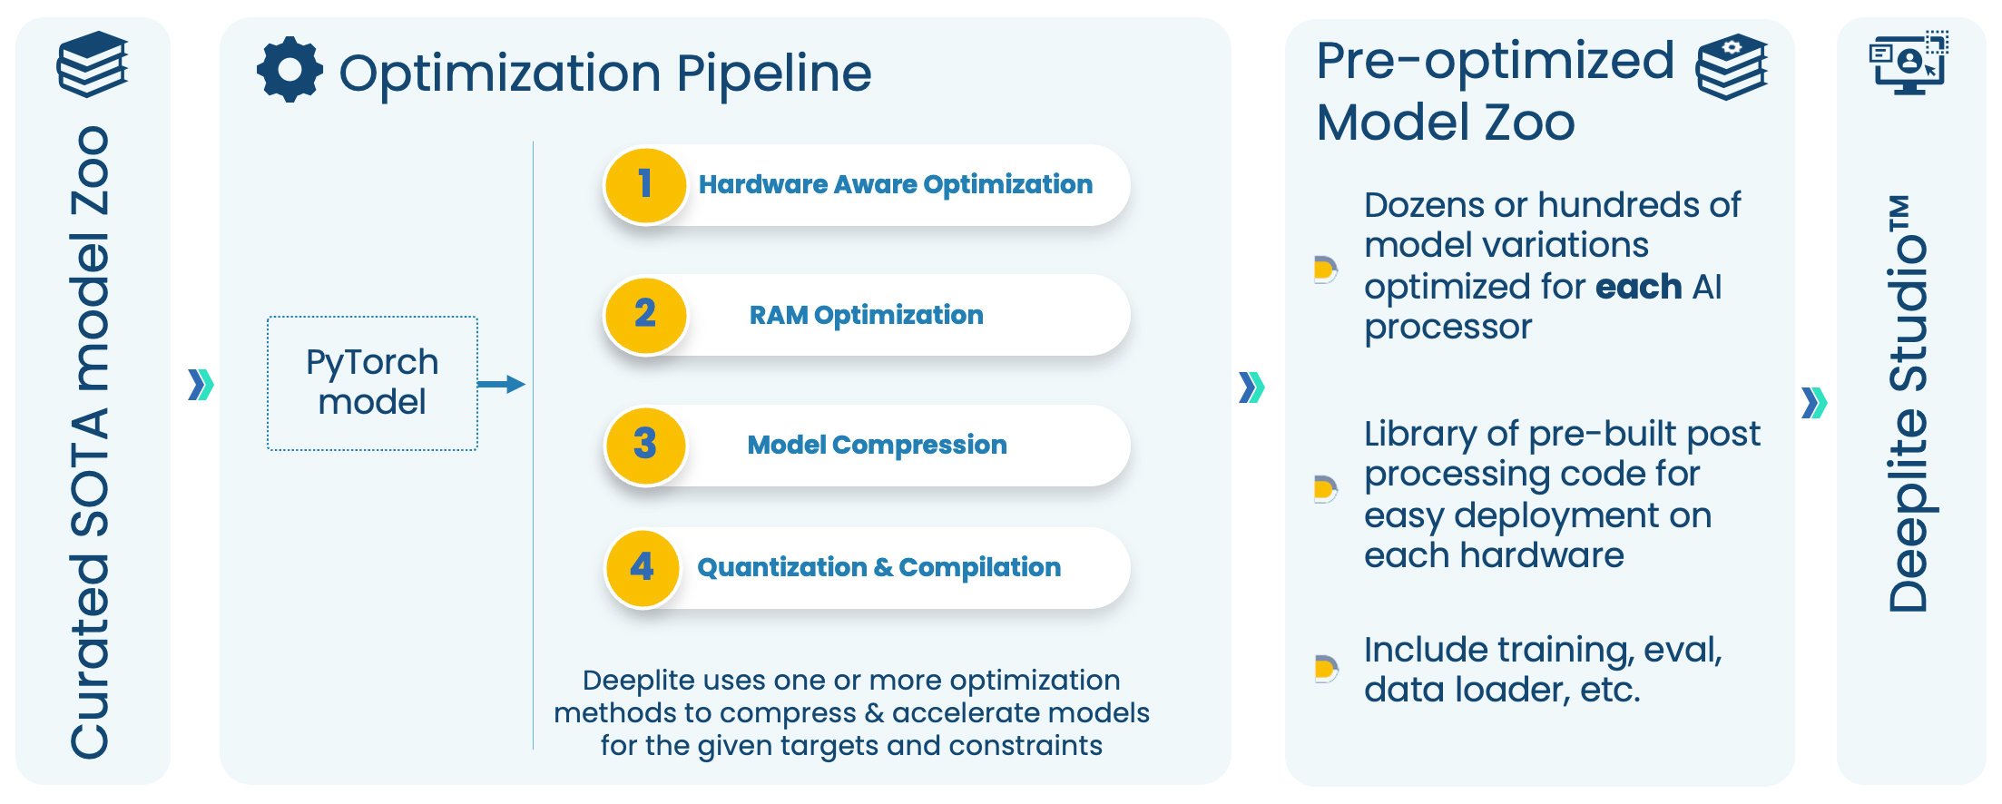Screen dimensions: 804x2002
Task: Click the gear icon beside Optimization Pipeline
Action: point(290,70)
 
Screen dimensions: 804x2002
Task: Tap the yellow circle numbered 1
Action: point(644,185)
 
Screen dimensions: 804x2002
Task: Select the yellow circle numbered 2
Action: point(644,315)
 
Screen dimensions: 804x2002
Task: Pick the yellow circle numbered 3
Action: point(644,445)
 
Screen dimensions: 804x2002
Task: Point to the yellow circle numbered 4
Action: point(643,568)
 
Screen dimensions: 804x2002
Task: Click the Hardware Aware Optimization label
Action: point(895,185)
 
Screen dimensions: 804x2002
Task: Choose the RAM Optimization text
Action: point(866,315)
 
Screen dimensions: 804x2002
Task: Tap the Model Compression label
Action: point(877,445)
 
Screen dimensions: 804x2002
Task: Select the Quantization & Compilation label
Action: point(878,568)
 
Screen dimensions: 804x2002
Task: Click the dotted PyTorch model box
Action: point(372,383)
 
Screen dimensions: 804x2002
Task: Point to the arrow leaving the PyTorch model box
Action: point(501,384)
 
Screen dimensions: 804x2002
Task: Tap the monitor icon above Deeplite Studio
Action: point(1909,63)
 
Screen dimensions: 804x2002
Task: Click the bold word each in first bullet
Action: point(1638,287)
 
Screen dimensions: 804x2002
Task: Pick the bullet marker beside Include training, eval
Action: point(1325,669)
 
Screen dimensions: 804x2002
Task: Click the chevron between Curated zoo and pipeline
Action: point(201,385)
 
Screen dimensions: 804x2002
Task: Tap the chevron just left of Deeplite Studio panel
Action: point(1813,402)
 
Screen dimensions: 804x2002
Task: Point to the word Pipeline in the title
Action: point(773,74)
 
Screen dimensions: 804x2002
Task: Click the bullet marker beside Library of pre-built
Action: point(1325,489)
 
